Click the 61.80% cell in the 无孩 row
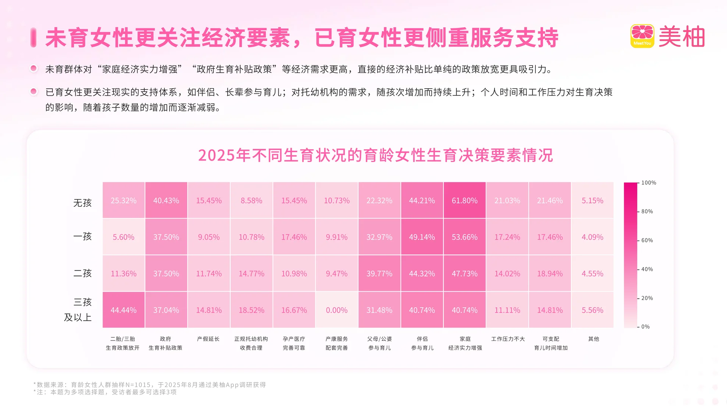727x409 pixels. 465,200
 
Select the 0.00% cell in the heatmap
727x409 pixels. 337,310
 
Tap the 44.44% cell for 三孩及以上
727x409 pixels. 123,310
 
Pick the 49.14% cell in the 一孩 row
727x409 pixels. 422,237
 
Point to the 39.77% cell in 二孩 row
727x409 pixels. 379,273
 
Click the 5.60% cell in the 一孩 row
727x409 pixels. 123,237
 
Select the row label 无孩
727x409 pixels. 83,203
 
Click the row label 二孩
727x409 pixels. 83,273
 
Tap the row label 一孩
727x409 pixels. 83,237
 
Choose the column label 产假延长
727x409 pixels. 208,339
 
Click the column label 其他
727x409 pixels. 593,339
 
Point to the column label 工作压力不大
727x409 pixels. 508,339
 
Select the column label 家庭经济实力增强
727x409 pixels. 465,343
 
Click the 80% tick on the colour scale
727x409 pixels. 647,211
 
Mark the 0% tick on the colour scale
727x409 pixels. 645,326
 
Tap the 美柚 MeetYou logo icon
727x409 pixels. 642,36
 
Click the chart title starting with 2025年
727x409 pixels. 375,155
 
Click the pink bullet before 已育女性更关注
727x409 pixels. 34,91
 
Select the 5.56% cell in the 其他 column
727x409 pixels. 592,310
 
